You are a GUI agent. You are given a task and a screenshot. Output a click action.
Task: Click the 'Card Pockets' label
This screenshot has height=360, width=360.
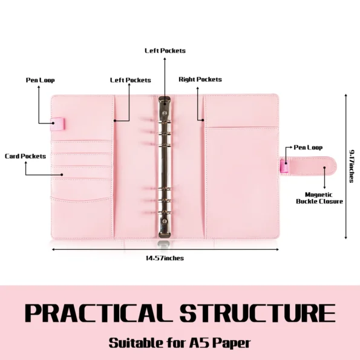25,156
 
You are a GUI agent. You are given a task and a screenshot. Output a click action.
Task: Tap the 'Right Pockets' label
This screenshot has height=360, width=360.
200,79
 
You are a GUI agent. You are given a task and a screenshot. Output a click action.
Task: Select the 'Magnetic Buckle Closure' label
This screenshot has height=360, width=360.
319,198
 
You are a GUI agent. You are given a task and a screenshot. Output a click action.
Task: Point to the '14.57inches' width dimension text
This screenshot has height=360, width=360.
165,258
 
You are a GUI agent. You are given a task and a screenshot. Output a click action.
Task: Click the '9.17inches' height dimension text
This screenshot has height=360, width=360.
352,166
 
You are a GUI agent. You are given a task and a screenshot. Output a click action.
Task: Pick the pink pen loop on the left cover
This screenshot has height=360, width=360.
57,124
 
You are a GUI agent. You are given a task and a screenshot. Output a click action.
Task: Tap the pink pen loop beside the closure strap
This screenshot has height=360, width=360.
284,166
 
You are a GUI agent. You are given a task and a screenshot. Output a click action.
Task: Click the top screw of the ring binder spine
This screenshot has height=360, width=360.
165,113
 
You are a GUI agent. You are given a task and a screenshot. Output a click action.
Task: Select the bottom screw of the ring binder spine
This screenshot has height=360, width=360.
165,221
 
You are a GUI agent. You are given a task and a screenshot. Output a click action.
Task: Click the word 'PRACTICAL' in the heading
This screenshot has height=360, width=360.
99,313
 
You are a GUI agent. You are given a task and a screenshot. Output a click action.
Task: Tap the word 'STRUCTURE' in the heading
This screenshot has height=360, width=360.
257,313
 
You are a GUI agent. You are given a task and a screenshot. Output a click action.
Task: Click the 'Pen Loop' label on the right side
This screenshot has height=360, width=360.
308,148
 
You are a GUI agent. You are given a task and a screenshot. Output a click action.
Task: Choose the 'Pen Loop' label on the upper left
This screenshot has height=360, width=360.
40,80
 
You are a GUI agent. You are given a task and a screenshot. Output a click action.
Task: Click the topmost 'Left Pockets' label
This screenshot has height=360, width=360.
165,51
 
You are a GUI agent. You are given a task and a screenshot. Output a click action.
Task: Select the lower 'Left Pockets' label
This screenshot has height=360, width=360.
131,80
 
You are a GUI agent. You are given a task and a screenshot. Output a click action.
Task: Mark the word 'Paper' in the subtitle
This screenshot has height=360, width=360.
231,343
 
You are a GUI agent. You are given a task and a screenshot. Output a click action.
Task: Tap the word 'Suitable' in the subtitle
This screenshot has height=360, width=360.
135,343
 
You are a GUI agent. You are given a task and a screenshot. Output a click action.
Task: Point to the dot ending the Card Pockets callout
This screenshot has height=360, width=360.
62,175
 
